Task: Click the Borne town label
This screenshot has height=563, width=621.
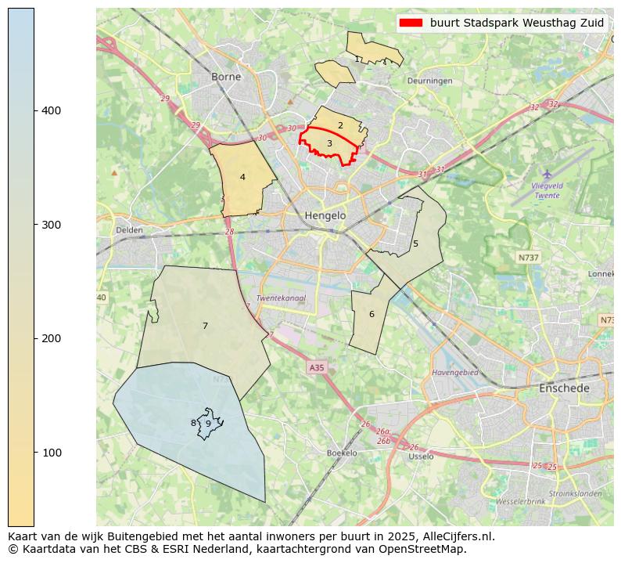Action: coord(226,77)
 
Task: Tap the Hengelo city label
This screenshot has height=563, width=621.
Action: coord(325,215)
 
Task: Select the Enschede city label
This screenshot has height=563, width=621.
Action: coord(564,388)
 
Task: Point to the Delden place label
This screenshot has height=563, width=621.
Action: coord(129,230)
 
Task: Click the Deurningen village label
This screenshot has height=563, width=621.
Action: coord(429,81)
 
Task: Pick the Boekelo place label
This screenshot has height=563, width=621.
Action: coord(342,453)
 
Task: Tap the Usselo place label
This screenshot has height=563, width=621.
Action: coord(421,456)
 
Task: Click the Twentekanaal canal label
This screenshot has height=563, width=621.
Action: coord(281,298)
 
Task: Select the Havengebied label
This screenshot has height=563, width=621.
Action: coord(454,373)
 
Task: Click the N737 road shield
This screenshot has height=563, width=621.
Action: coord(529,257)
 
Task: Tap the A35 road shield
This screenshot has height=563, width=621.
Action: coord(316,367)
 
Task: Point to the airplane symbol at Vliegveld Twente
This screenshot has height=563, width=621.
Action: coord(547,174)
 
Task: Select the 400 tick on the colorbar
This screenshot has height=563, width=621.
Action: coord(34,110)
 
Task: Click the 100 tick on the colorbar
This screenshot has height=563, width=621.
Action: coord(34,453)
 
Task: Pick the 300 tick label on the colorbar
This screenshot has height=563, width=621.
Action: coord(52,225)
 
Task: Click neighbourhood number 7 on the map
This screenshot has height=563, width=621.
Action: coord(205,326)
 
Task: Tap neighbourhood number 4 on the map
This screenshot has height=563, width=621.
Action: coord(242,177)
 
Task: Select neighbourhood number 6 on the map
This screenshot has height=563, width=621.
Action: coord(372,314)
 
